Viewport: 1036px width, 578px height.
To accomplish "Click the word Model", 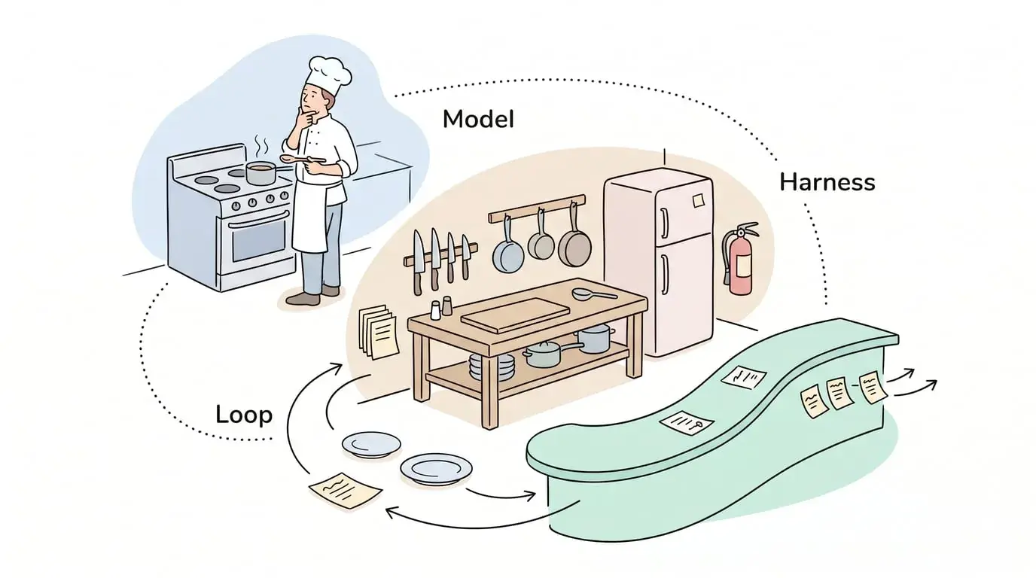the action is pyautogui.click(x=478, y=120).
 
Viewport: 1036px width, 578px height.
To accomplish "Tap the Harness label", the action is pyautogui.click(x=827, y=182).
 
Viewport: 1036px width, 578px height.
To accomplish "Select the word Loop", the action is pyautogui.click(x=244, y=415).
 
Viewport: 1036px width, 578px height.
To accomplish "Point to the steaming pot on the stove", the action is pyautogui.click(x=261, y=172).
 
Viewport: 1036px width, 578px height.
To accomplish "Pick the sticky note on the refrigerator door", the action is pyautogui.click(x=699, y=201).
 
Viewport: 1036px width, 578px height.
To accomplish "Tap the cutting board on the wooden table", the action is pyautogui.click(x=515, y=315).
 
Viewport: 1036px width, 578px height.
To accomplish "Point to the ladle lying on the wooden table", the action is pyautogui.click(x=594, y=294).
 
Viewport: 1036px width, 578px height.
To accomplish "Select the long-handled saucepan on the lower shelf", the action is pyautogui.click(x=550, y=352).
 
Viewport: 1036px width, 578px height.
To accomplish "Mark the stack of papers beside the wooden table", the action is pyautogui.click(x=379, y=331).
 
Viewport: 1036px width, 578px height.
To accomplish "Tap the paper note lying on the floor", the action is pyautogui.click(x=345, y=490).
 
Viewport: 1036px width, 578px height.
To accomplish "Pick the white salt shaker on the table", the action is pyautogui.click(x=435, y=310).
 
